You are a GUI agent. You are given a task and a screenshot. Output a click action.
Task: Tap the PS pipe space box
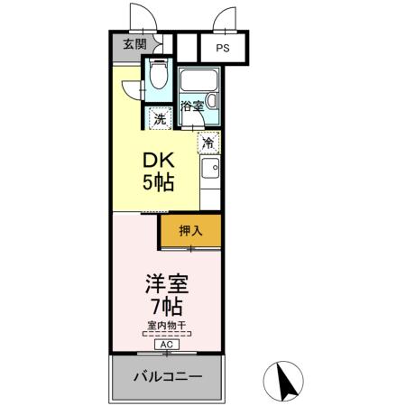coord(221,48)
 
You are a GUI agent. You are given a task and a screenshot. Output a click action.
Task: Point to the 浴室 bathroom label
coord(191,106)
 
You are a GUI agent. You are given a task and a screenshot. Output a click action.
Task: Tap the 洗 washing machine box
coord(159,116)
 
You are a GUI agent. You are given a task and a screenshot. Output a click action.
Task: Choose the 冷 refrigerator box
coord(208,142)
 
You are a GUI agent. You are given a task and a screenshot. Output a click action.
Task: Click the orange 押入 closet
coord(189,230)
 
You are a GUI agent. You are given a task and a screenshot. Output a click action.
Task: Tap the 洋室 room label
coord(166,283)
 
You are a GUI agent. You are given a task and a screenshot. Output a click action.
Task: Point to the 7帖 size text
coord(166,307)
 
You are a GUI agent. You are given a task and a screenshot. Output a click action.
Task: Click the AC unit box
coord(166,344)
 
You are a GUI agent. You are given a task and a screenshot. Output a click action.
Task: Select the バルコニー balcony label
coord(167,376)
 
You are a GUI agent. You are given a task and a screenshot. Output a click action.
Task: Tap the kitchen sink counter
coord(209,176)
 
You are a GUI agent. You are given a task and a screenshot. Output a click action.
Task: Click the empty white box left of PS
coord(187,47)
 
